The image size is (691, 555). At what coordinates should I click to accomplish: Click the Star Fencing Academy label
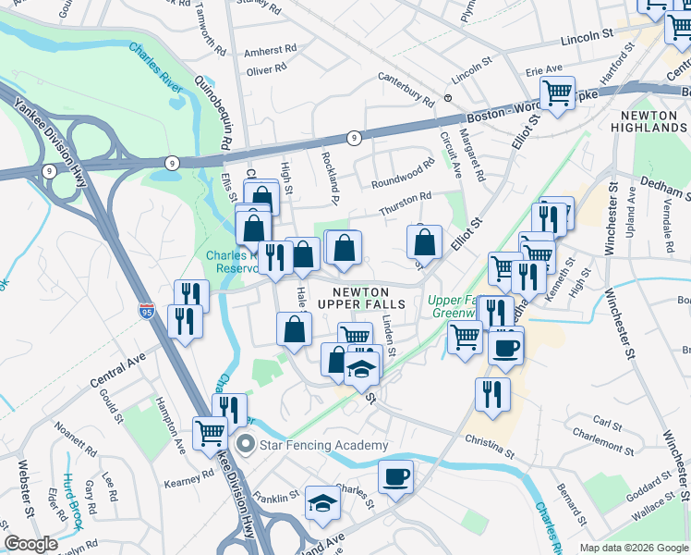pyautogui.click(x=310, y=445)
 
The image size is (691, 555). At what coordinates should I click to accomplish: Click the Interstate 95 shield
pyautogui.click(x=146, y=310)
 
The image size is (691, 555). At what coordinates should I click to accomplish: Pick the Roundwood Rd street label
pyautogui.click(x=403, y=175)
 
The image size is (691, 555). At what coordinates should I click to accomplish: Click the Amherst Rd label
pyautogui.click(x=271, y=50)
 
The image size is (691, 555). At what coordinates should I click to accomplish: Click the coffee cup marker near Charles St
pyautogui.click(x=395, y=477)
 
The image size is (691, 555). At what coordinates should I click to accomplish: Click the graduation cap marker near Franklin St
pyautogui.click(x=322, y=502)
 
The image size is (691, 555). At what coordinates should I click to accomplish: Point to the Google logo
pyautogui.click(x=30, y=544)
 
